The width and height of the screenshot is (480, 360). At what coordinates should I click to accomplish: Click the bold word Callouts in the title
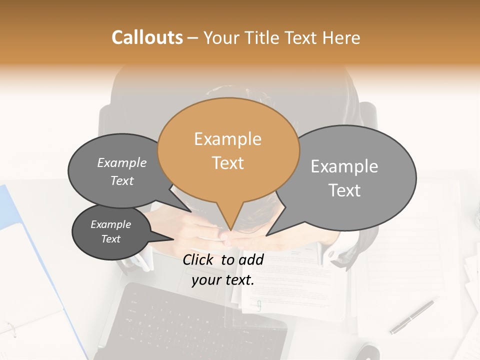147,37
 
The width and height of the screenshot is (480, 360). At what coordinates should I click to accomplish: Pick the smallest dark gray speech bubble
110,232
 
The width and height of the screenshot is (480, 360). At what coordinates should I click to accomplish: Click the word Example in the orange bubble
227,139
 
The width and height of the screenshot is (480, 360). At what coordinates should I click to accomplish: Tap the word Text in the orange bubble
227,163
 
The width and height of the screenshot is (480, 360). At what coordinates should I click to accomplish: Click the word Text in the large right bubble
344,190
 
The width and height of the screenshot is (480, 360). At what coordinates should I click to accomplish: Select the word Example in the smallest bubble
110,224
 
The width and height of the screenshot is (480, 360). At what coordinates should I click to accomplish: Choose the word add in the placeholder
251,259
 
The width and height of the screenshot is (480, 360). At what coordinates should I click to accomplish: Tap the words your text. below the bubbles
223,280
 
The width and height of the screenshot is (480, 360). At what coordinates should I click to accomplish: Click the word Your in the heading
220,37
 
